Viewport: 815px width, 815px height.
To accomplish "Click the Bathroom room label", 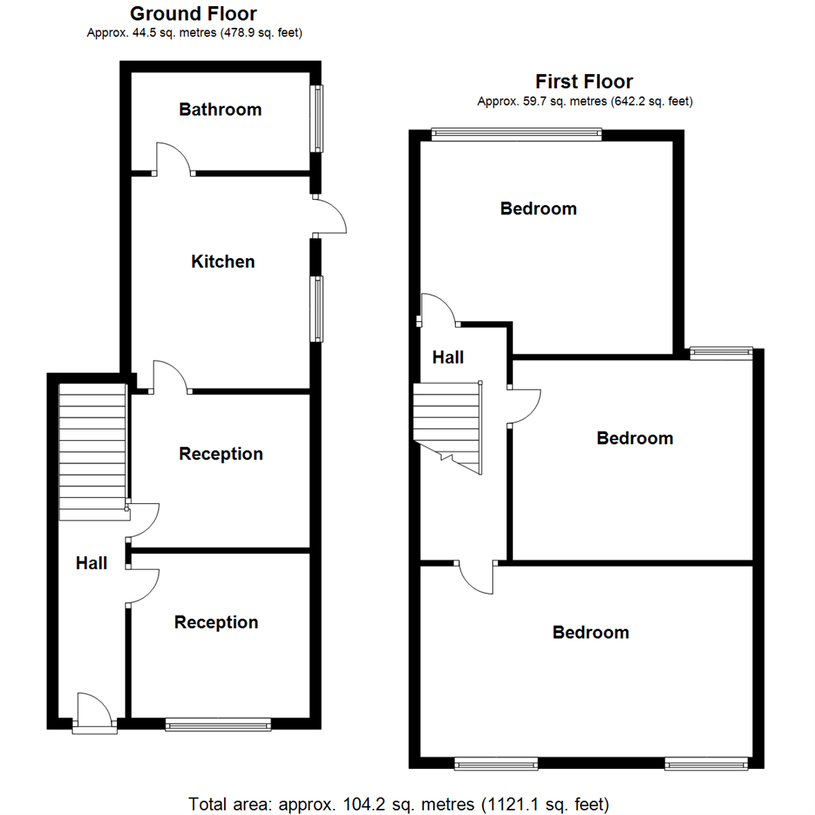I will pyautogui.click(x=220, y=109).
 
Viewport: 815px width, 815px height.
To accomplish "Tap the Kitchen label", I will pyautogui.click(x=223, y=262).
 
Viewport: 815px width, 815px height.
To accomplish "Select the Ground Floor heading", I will pyautogui.click(x=193, y=14).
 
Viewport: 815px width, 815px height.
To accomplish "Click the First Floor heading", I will pyautogui.click(x=584, y=81).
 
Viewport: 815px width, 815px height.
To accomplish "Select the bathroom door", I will pyautogui.click(x=174, y=159).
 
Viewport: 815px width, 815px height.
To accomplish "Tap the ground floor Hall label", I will pyautogui.click(x=91, y=563).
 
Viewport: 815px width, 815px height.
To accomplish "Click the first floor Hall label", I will pyautogui.click(x=447, y=358).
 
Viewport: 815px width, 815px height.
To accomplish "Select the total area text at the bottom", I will pyautogui.click(x=399, y=804).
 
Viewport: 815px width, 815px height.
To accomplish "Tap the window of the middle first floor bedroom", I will pyautogui.click(x=721, y=351).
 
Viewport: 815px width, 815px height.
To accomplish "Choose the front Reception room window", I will pyautogui.click(x=218, y=724).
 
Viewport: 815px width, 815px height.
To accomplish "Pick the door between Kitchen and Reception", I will pyautogui.click(x=171, y=377).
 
